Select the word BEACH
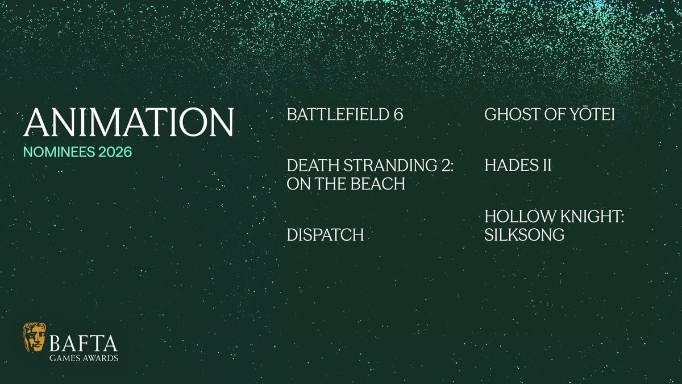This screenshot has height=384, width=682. coord(376,184)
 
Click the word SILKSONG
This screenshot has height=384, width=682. coord(524,234)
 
